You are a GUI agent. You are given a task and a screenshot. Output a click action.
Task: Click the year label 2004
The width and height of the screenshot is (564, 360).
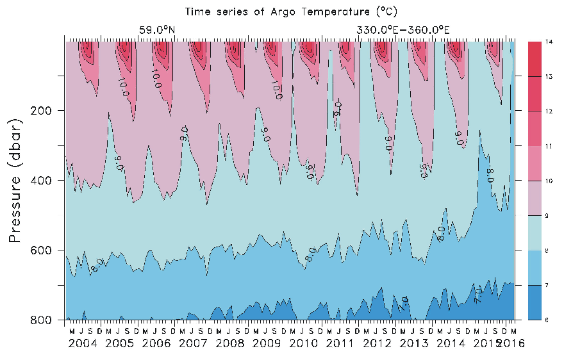point(83,343)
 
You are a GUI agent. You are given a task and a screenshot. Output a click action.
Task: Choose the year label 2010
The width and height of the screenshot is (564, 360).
point(304,343)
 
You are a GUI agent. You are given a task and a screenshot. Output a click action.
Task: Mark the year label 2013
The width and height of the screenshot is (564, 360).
point(414,343)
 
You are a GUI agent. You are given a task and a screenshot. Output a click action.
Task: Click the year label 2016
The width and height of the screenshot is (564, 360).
point(513,343)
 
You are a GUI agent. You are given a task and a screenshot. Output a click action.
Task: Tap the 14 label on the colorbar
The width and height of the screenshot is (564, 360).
point(549,42)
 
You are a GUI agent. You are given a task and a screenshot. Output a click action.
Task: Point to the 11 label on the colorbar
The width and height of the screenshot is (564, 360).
point(549,146)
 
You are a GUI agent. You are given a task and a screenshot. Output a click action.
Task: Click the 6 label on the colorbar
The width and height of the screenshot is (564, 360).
point(548,320)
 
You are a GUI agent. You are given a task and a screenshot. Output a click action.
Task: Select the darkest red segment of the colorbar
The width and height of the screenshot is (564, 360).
point(536,59)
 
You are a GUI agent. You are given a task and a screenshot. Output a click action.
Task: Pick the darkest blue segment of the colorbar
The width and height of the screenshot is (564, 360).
point(536,302)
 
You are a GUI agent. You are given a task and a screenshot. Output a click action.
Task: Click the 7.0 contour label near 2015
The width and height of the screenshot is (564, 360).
point(478,295)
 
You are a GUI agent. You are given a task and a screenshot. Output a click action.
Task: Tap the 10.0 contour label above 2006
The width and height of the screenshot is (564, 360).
point(155,77)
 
